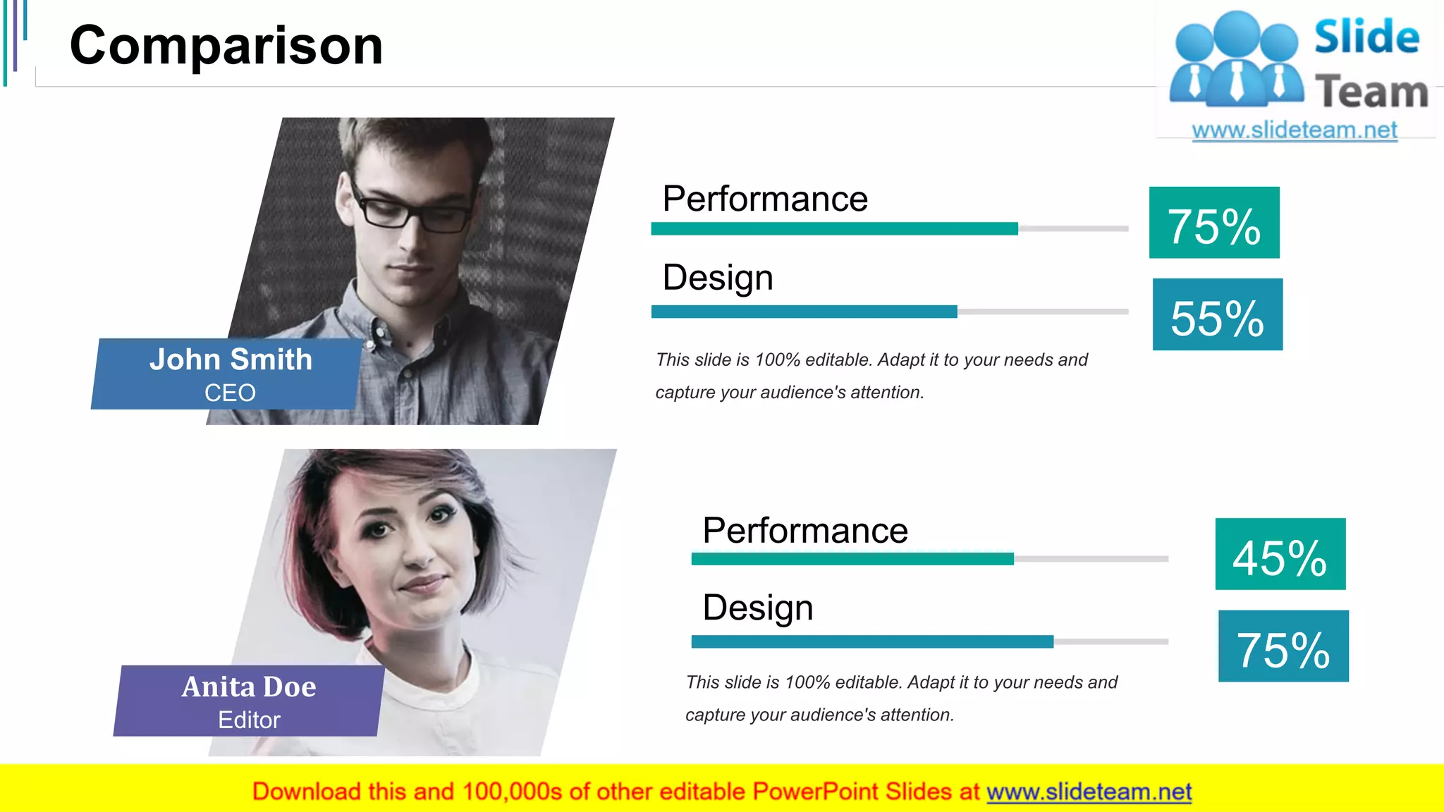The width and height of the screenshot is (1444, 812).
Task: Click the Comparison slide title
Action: point(226,46)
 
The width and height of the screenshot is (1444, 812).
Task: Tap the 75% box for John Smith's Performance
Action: point(1214,223)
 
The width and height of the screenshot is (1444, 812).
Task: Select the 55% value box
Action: point(1218,314)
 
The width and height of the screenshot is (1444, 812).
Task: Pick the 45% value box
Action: point(1280,554)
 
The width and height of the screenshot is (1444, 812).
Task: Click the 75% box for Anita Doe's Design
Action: point(1283,646)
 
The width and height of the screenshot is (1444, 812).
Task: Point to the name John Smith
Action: point(231,359)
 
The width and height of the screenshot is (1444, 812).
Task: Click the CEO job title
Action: point(230,393)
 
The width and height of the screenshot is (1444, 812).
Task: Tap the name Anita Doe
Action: point(249,687)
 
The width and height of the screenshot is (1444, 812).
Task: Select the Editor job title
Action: point(249,720)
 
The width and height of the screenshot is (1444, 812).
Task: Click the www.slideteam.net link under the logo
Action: point(1295,130)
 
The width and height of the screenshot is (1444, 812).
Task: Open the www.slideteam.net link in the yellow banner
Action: point(1089,792)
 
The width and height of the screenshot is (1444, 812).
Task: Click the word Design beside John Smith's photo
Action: point(718,278)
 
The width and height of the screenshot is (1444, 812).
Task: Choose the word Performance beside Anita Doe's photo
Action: point(805,531)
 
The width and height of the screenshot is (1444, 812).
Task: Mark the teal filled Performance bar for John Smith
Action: point(834,228)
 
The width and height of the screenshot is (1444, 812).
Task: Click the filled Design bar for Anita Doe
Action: point(872,641)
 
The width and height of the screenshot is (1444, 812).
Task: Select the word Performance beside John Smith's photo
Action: point(765,199)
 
